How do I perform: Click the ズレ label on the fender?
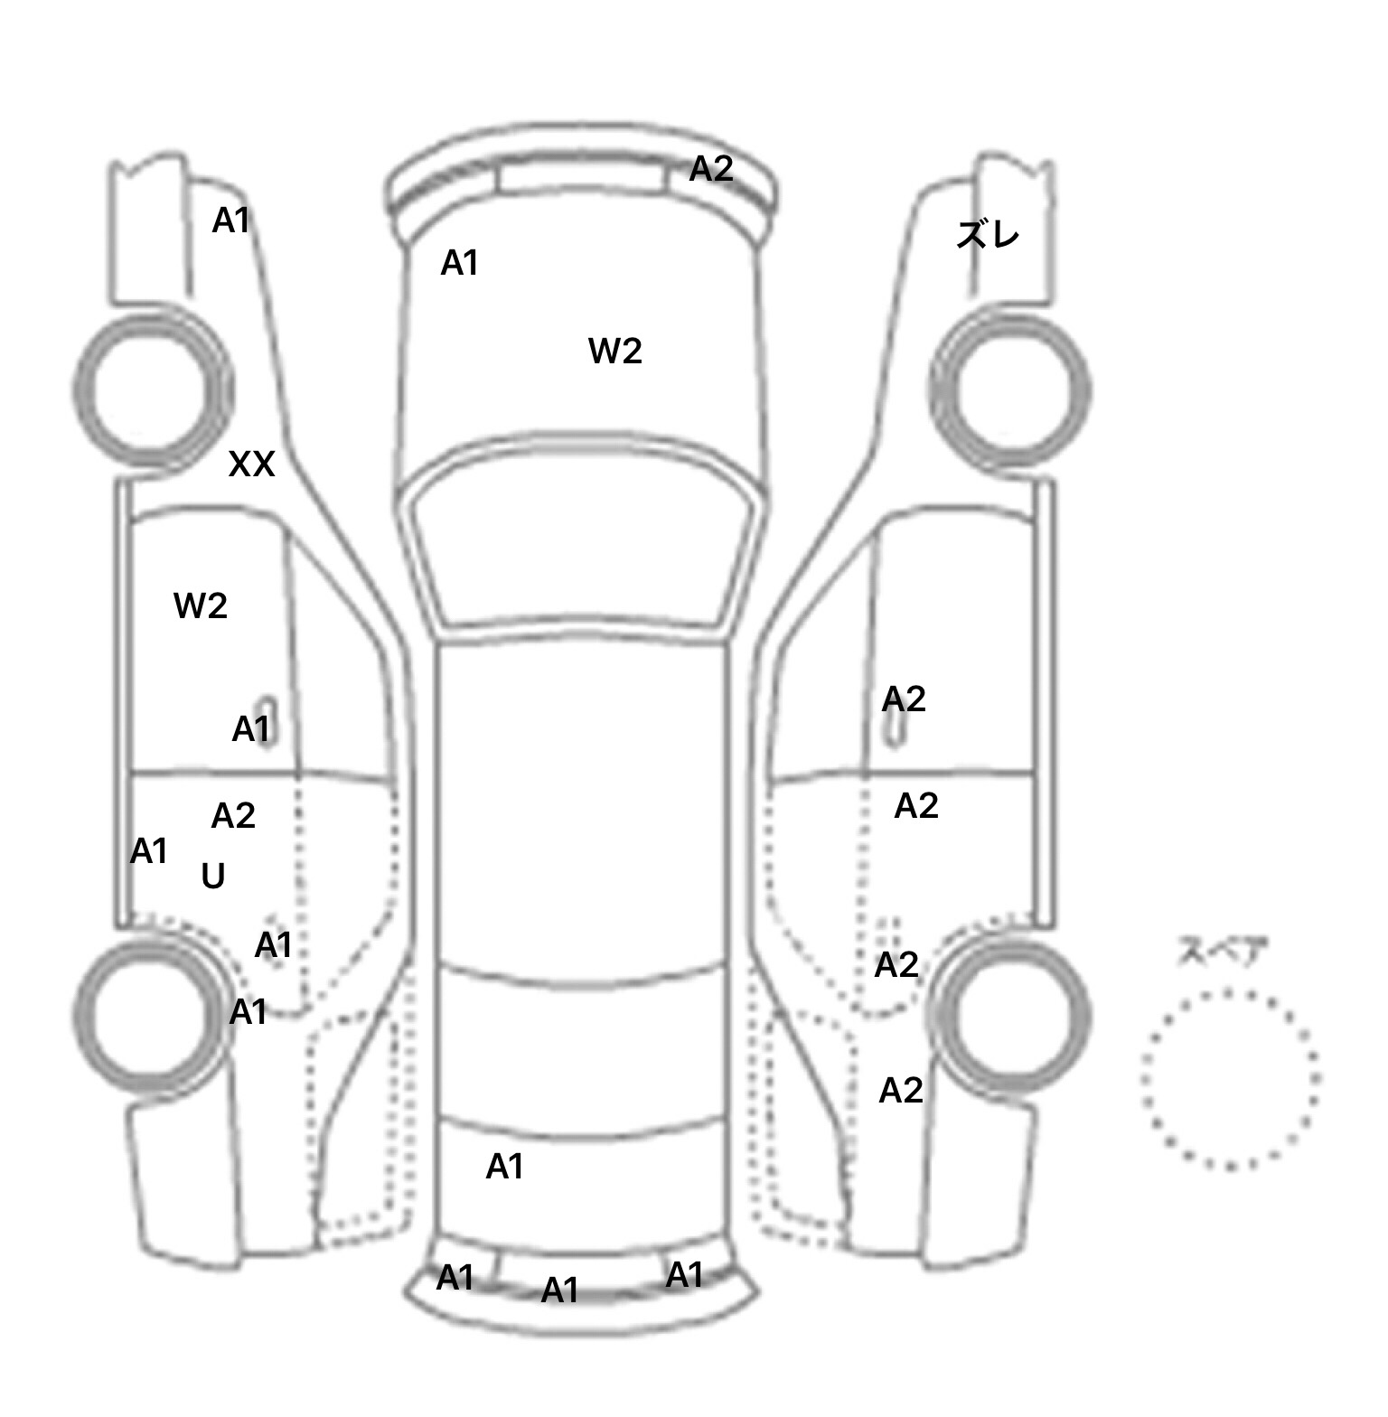point(988,235)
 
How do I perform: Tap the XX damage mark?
point(251,465)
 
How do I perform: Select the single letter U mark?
point(213,876)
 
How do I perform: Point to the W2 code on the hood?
point(615,351)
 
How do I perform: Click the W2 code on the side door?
point(201,605)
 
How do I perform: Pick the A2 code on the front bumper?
point(711,169)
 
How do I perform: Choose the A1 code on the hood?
point(459,263)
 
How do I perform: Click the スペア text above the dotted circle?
point(1223,952)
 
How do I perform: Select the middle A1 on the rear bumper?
point(559,1290)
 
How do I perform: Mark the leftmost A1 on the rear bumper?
point(455,1278)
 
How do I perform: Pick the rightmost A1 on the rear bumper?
point(684,1275)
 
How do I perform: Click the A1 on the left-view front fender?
point(230,221)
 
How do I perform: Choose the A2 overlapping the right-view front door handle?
point(904,699)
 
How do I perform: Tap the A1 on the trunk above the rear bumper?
point(504,1167)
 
